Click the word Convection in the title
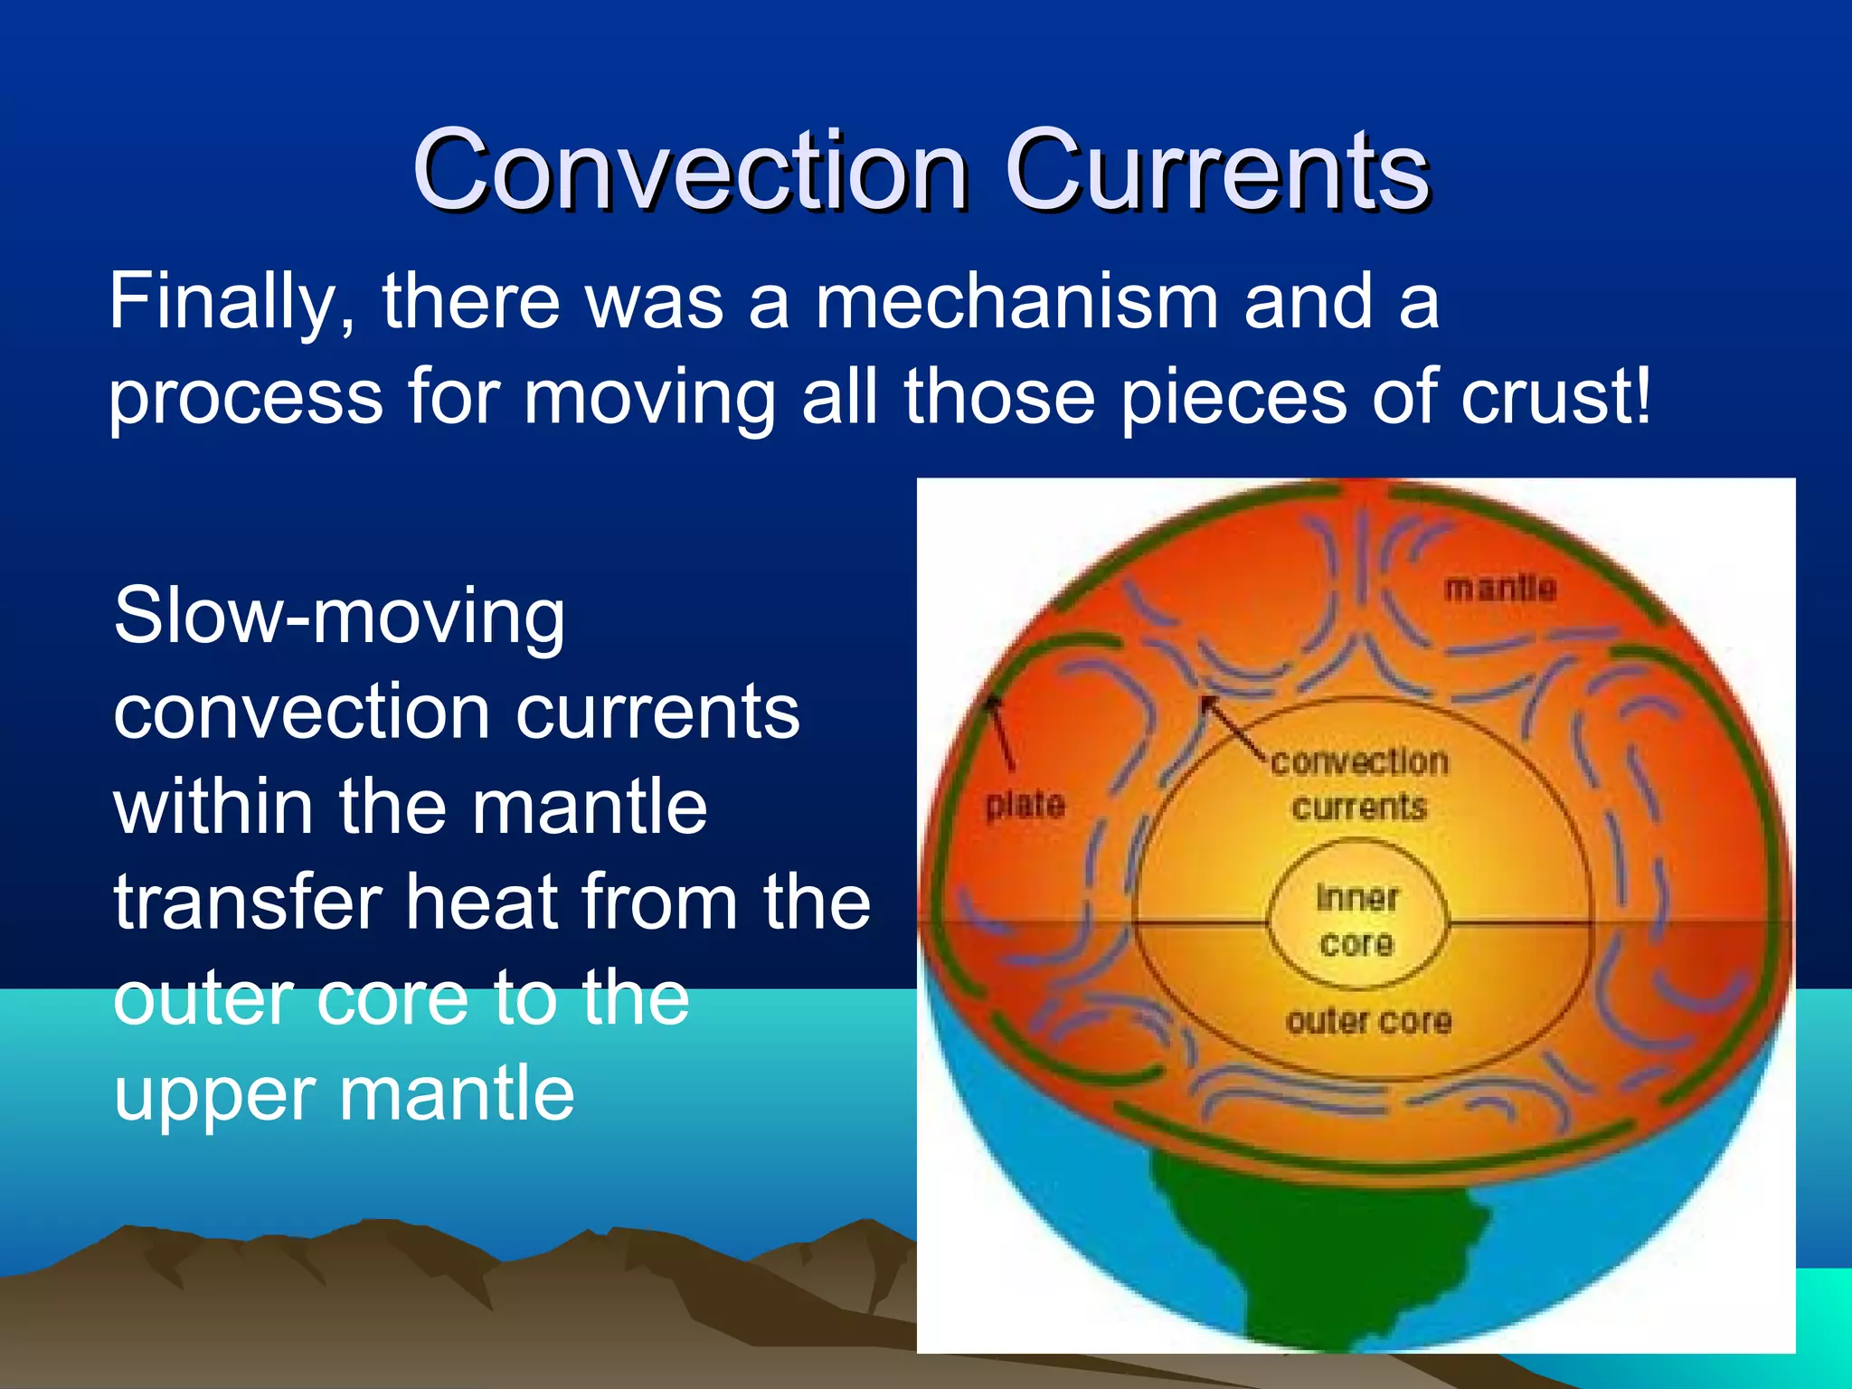click(x=690, y=170)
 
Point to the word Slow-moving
click(x=339, y=617)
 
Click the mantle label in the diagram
click(x=1500, y=589)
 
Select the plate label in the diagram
click(x=1025, y=804)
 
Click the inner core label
click(x=1356, y=921)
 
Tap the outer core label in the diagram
click(x=1369, y=1022)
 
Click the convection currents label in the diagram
click(x=1359, y=783)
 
